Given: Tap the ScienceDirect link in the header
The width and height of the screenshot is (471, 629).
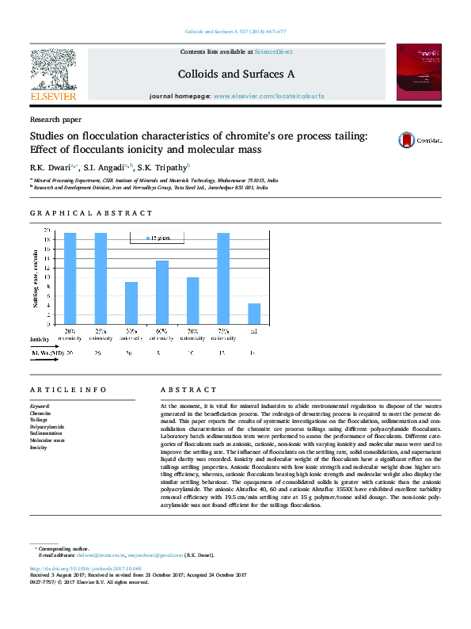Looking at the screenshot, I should coord(273,51).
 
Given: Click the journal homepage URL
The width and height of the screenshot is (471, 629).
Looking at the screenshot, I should coord(268,96).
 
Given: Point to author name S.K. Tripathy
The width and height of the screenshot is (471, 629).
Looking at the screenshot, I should coord(163,168).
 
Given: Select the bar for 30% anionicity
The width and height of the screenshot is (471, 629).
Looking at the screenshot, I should coord(131,303).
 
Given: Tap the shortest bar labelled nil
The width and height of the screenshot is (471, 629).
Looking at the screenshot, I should coord(254,314).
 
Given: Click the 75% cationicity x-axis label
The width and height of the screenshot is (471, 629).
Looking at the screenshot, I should coord(223,334).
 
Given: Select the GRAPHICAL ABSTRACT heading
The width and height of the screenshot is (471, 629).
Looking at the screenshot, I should coord(91,213).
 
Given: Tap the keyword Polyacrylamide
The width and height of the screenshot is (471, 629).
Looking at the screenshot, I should coord(47,427).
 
